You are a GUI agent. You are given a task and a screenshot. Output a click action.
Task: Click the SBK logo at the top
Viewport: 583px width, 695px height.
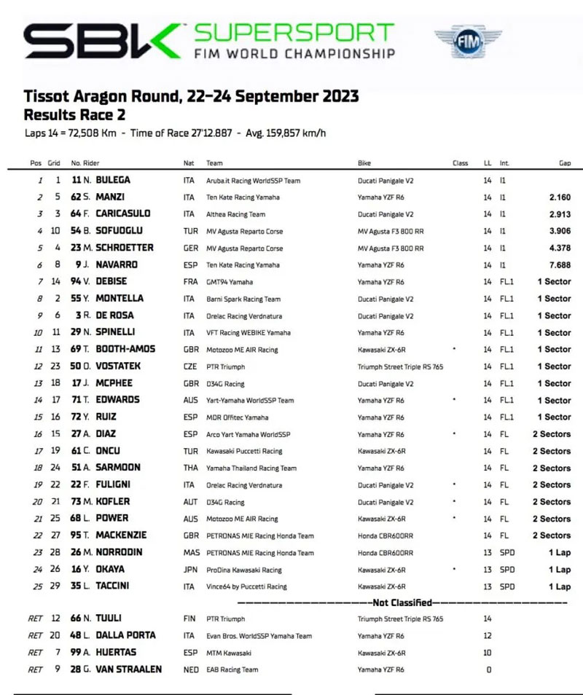tap(102, 42)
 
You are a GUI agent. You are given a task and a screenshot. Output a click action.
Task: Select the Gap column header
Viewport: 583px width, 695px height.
tap(564, 163)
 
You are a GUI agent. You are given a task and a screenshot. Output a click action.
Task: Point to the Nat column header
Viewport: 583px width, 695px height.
tap(189, 163)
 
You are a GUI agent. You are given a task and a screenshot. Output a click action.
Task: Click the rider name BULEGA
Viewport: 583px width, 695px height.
tap(112, 180)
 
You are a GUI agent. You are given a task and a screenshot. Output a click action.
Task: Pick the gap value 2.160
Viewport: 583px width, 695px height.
tap(557, 197)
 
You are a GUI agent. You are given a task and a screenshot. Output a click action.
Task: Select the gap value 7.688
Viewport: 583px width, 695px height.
tap(557, 265)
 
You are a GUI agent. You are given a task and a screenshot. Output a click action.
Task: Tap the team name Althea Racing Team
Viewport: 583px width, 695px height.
tap(235, 214)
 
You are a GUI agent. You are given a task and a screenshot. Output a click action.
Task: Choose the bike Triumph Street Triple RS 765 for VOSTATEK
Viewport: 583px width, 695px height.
tap(400, 366)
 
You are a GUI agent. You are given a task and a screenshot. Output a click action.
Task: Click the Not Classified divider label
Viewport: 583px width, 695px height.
tap(402, 602)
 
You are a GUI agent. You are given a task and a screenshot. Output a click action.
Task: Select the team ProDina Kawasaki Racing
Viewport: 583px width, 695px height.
tap(243, 570)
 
